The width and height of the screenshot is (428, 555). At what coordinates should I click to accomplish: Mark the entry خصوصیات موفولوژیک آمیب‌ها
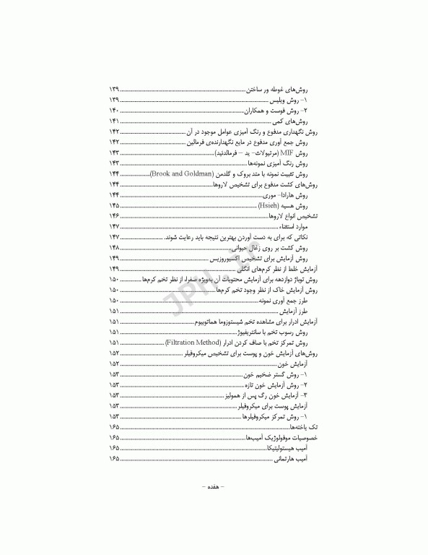[282, 438]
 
